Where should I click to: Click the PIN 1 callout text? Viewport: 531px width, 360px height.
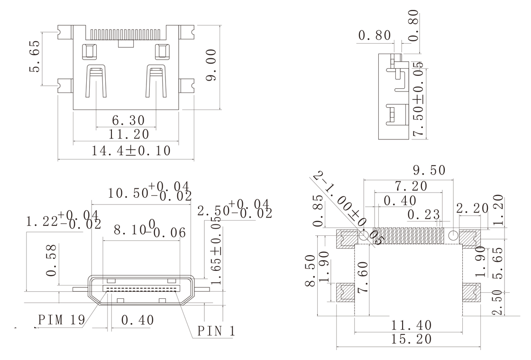pos(216,331)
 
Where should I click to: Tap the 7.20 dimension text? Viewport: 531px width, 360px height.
pos(410,186)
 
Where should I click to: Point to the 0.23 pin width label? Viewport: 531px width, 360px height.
pos(424,215)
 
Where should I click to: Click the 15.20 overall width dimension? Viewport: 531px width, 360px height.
pos(408,340)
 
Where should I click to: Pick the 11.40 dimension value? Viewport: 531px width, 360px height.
pos(408,325)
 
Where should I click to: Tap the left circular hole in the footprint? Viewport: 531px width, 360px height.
pos(364,235)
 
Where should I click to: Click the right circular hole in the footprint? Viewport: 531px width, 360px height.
pos(453,235)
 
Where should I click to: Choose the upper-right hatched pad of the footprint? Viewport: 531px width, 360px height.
pos(471,239)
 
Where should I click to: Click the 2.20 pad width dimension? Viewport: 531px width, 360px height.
pos(471,208)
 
